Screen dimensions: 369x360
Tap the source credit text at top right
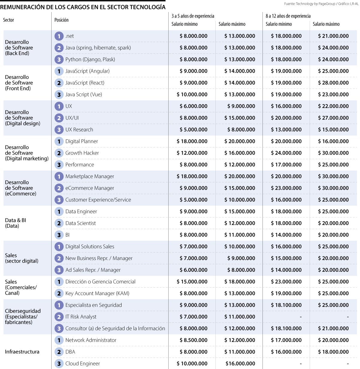point(321,4)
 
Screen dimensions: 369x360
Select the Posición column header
point(61,20)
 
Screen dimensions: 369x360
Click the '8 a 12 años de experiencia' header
point(288,16)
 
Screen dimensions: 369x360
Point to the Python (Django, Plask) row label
point(90,59)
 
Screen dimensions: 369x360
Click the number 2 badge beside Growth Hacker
point(59,153)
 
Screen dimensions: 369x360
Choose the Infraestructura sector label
point(22,352)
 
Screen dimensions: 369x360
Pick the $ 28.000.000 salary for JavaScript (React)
point(333,83)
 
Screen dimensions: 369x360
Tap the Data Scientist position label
point(80,223)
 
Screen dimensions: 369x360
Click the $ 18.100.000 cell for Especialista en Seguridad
point(286,305)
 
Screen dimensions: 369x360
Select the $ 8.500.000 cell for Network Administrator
point(193,340)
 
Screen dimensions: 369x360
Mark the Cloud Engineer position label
point(82,364)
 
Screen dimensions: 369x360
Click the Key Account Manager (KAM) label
point(97,293)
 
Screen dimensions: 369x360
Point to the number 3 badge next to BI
point(59,235)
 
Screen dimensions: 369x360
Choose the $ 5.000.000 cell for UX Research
point(193,130)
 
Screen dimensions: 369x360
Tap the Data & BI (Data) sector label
point(16,223)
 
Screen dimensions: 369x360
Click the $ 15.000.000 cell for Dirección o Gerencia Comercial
point(192,282)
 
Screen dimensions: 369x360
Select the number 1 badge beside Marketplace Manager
point(59,177)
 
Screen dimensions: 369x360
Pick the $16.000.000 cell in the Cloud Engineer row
point(240,364)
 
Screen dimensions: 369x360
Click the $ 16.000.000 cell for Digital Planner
point(333,141)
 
